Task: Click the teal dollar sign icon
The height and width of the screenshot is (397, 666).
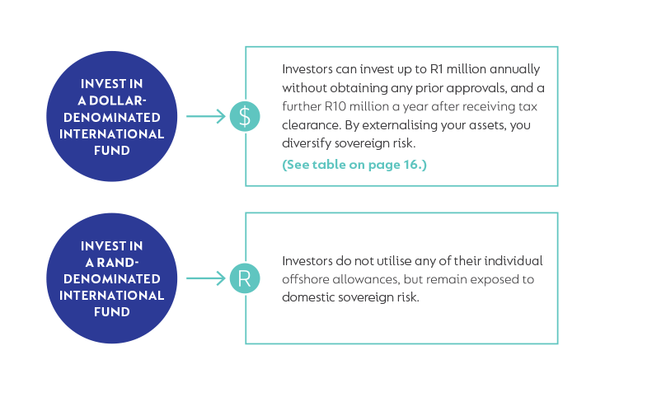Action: [245, 116]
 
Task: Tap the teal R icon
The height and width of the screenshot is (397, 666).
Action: [245, 278]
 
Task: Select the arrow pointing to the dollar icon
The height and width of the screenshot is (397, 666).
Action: [206, 116]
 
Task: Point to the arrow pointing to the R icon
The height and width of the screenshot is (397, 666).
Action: [206, 278]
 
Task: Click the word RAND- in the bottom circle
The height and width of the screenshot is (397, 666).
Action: [118, 263]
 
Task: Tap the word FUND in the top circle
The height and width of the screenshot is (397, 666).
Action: [112, 151]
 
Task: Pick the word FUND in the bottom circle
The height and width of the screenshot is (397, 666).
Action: [112, 312]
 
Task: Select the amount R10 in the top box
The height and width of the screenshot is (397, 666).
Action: [335, 106]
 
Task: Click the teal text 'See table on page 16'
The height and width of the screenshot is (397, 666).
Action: [354, 165]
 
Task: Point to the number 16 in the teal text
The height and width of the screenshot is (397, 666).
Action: [411, 165]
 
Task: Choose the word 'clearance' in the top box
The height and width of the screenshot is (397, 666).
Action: [311, 125]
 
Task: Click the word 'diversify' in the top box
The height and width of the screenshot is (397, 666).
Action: [307, 143]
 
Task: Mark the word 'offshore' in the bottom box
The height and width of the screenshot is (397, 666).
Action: [306, 279]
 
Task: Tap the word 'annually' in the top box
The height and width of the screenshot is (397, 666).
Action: [515, 69]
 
